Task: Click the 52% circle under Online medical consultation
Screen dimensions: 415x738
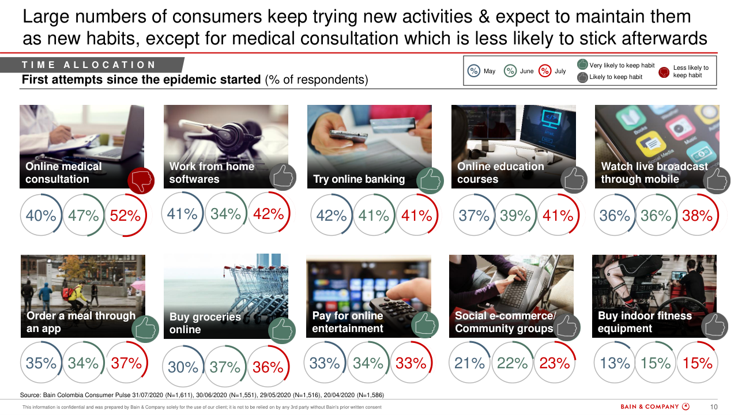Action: [126, 216]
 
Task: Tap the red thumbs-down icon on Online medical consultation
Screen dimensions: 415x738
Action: [141, 180]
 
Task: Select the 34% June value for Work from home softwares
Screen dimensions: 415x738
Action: [225, 214]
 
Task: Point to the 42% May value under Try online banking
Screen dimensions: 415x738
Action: [332, 216]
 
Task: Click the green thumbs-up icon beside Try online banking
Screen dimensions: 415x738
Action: [430, 180]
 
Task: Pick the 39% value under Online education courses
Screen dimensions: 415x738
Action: [515, 216]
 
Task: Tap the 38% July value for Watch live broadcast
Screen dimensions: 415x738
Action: [697, 216]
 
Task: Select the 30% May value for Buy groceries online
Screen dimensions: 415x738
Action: [183, 367]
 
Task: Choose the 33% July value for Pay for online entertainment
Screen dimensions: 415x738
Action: [411, 363]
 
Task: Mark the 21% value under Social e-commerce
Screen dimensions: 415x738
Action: [469, 363]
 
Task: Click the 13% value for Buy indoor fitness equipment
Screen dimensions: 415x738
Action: [615, 363]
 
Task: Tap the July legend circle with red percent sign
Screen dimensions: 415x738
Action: [545, 71]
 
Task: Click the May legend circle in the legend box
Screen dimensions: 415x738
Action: [473, 71]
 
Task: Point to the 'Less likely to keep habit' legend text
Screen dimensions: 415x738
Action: [691, 71]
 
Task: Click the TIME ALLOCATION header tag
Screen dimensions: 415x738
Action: [89, 65]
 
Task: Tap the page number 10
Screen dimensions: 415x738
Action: [714, 407]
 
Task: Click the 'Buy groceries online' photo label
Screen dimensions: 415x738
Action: [205, 323]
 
